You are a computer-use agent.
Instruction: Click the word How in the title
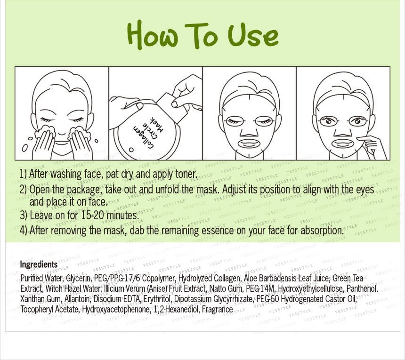pyautogui.click(x=153, y=35)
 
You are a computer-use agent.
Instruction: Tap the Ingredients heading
pyautogui.click(x=39, y=265)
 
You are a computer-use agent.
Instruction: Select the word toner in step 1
pyautogui.click(x=186, y=174)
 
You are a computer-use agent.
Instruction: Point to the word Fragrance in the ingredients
pyautogui.click(x=218, y=309)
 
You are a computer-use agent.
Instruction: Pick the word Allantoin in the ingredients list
pyautogui.click(x=78, y=299)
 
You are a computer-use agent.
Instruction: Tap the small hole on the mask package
pyautogui.click(x=131, y=150)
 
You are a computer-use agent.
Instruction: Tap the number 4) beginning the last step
pyautogui.click(x=24, y=231)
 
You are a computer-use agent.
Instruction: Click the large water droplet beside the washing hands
pyautogui.click(x=25, y=148)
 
